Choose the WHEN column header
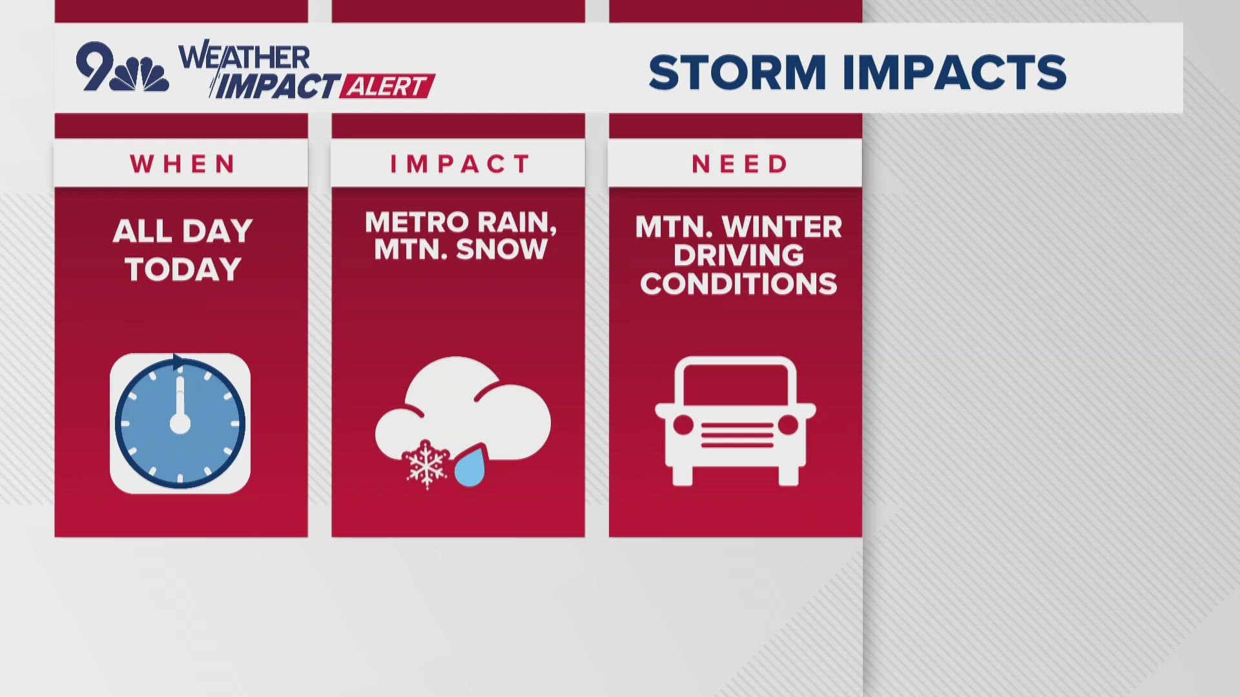183,164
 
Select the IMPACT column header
460,164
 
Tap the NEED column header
740,164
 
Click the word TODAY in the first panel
183,269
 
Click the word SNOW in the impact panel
501,249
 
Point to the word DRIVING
739,256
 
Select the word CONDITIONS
739,284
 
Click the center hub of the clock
180,424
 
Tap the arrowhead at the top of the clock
179,363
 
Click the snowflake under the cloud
426,465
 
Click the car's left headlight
683,425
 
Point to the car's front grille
737,435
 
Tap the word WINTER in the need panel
782,227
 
